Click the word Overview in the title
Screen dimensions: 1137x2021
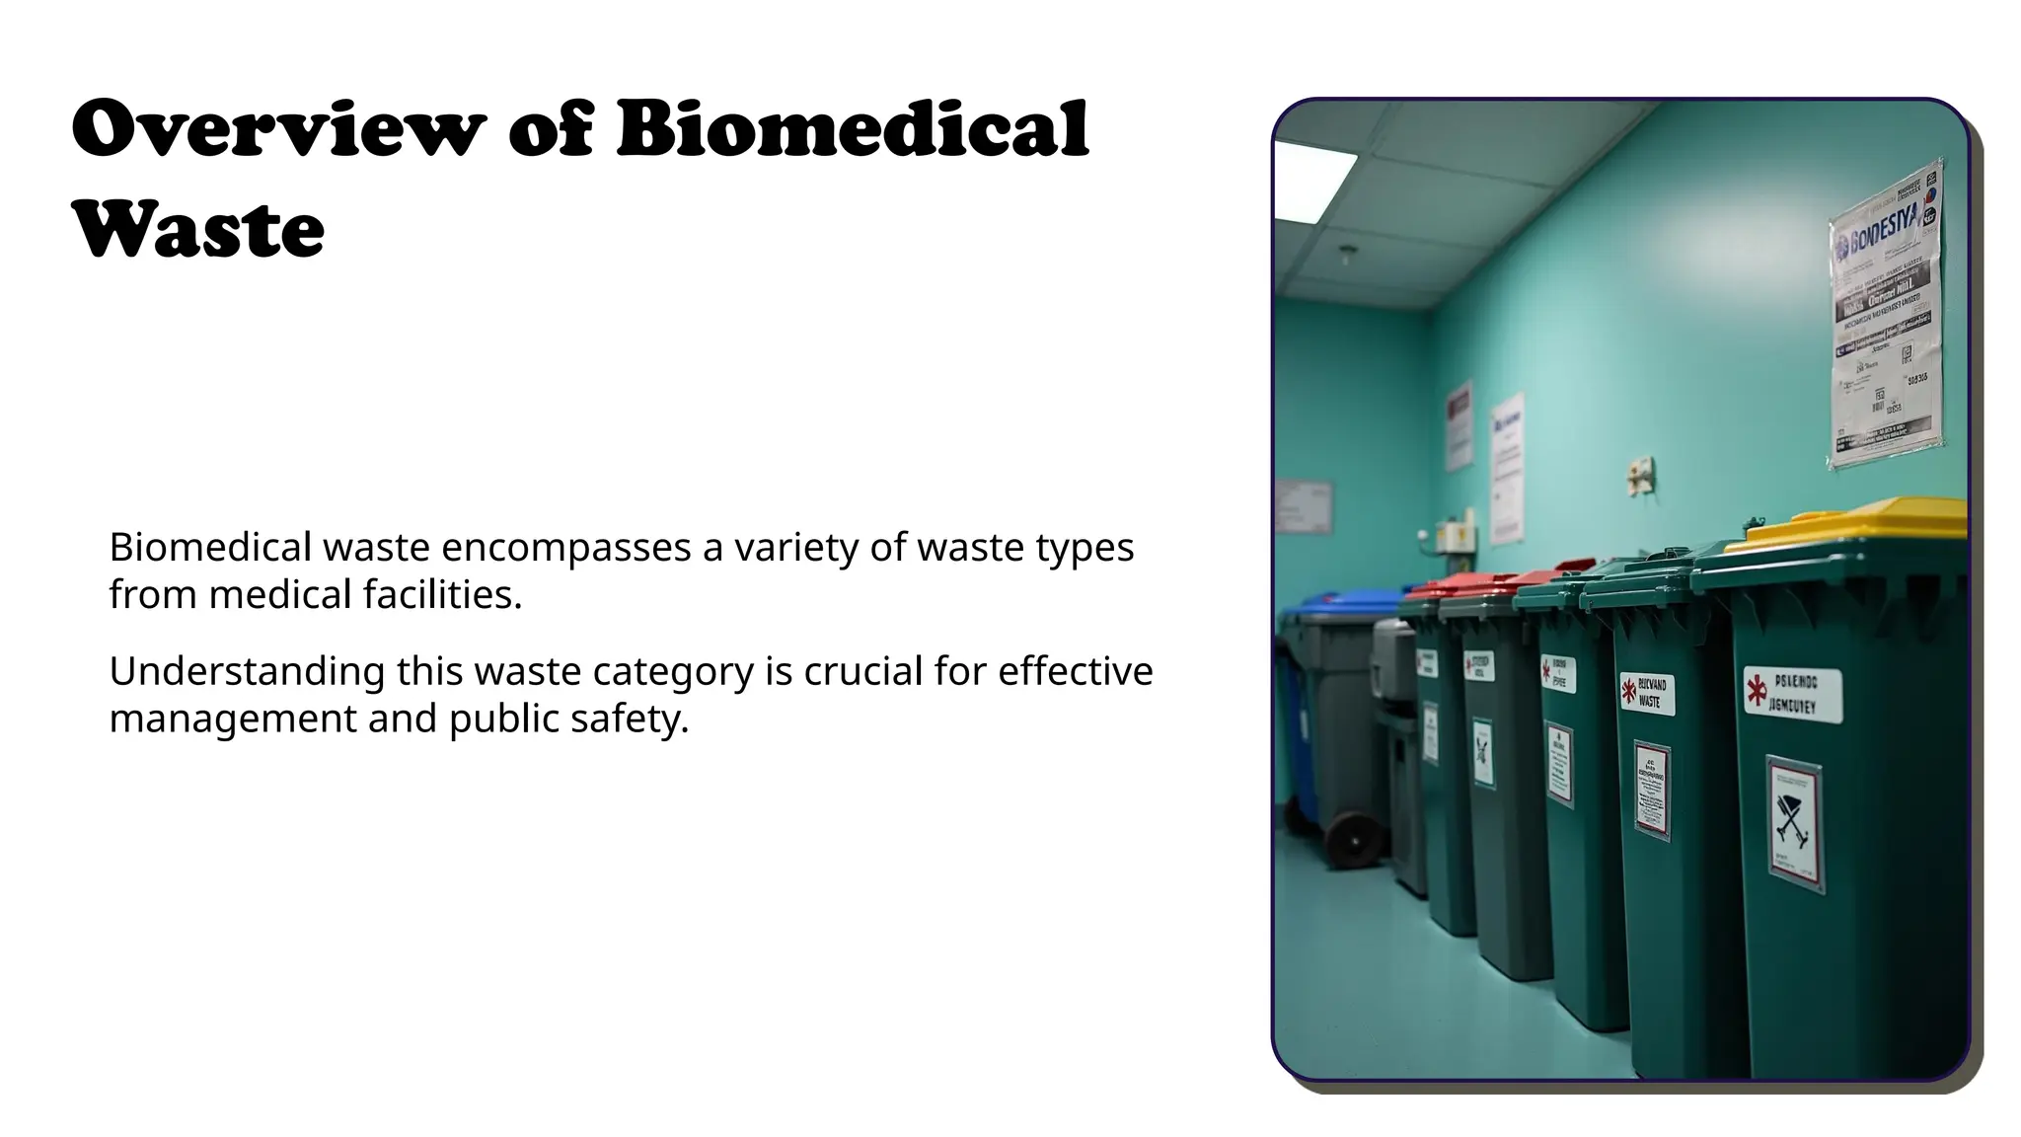(x=278, y=129)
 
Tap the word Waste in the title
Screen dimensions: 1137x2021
(x=198, y=230)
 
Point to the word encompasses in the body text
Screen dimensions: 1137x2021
(x=565, y=547)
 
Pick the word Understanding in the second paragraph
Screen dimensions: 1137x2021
(x=247, y=672)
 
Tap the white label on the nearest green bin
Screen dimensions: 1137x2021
(x=1793, y=694)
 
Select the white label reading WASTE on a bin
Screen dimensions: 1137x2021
(x=1647, y=692)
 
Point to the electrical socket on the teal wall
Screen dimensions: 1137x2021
(x=1640, y=478)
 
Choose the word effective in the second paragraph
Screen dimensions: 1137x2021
(x=1076, y=671)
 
